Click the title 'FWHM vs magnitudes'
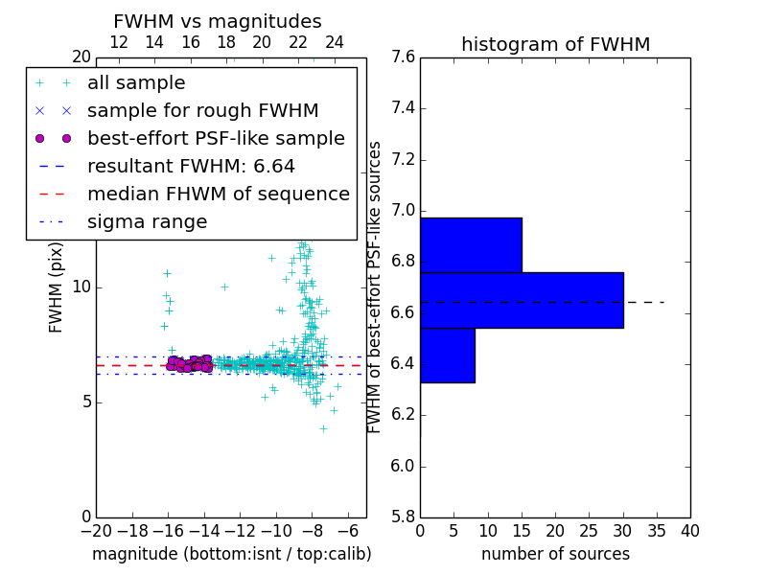217,21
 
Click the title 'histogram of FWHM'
555,44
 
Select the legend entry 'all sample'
136,83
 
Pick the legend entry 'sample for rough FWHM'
202,110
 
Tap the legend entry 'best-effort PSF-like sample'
216,138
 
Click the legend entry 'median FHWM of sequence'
218,194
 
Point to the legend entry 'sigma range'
147,222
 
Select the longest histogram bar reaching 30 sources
522,300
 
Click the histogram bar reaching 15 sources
471,245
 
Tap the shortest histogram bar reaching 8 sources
447,355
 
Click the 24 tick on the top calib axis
335,42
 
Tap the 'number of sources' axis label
555,554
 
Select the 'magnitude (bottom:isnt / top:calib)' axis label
231,554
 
